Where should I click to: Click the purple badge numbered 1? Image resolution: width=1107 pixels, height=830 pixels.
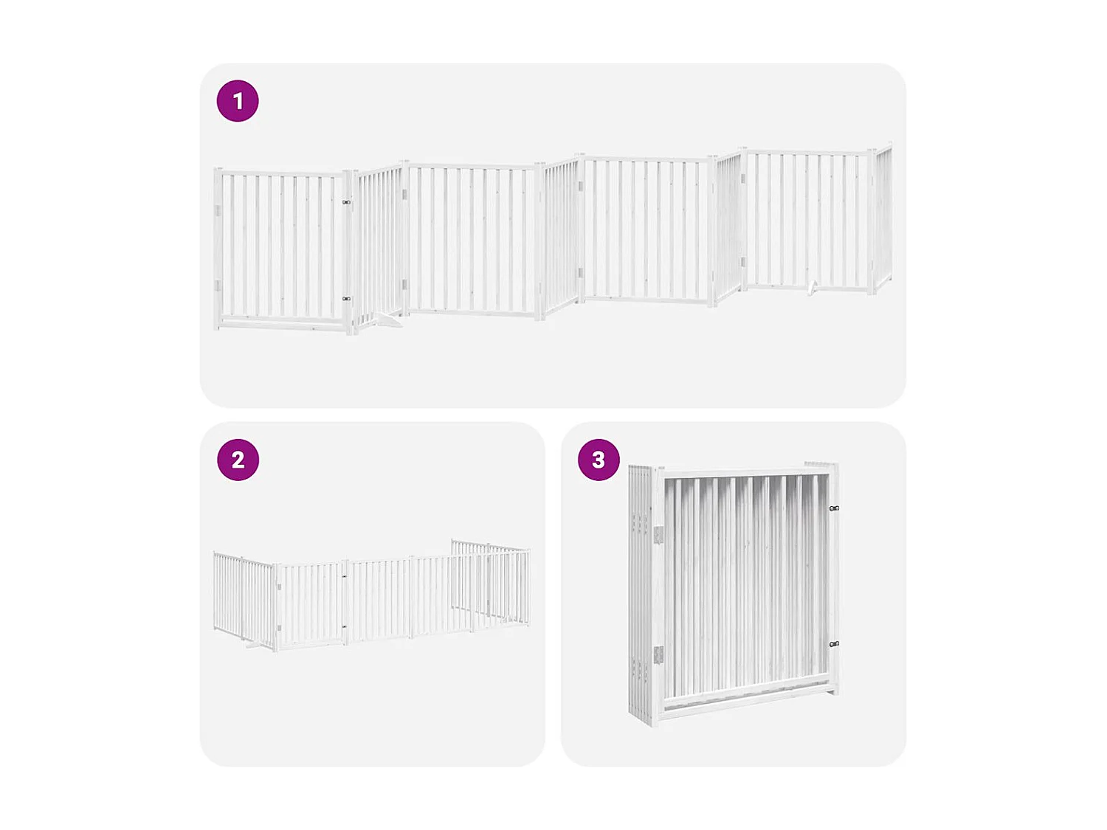238,101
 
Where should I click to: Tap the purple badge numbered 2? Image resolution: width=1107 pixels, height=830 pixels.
238,460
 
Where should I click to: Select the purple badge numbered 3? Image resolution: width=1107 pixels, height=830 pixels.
599,460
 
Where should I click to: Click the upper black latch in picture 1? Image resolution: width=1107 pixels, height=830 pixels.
346,201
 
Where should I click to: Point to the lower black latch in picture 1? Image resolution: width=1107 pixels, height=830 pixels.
346,299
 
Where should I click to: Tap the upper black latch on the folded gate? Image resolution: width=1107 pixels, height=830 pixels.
834,508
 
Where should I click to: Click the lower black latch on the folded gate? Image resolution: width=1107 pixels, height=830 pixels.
834,644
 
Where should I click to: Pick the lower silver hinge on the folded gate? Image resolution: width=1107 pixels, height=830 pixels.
658,654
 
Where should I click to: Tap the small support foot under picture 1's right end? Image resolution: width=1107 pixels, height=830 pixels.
812,288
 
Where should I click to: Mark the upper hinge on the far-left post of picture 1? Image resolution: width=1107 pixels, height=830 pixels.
217,211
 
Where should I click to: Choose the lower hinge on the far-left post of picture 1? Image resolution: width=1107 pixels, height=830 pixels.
217,286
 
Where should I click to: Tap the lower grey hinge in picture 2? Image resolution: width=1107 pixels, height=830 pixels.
279,628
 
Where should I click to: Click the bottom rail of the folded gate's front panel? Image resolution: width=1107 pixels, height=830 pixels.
745,702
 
